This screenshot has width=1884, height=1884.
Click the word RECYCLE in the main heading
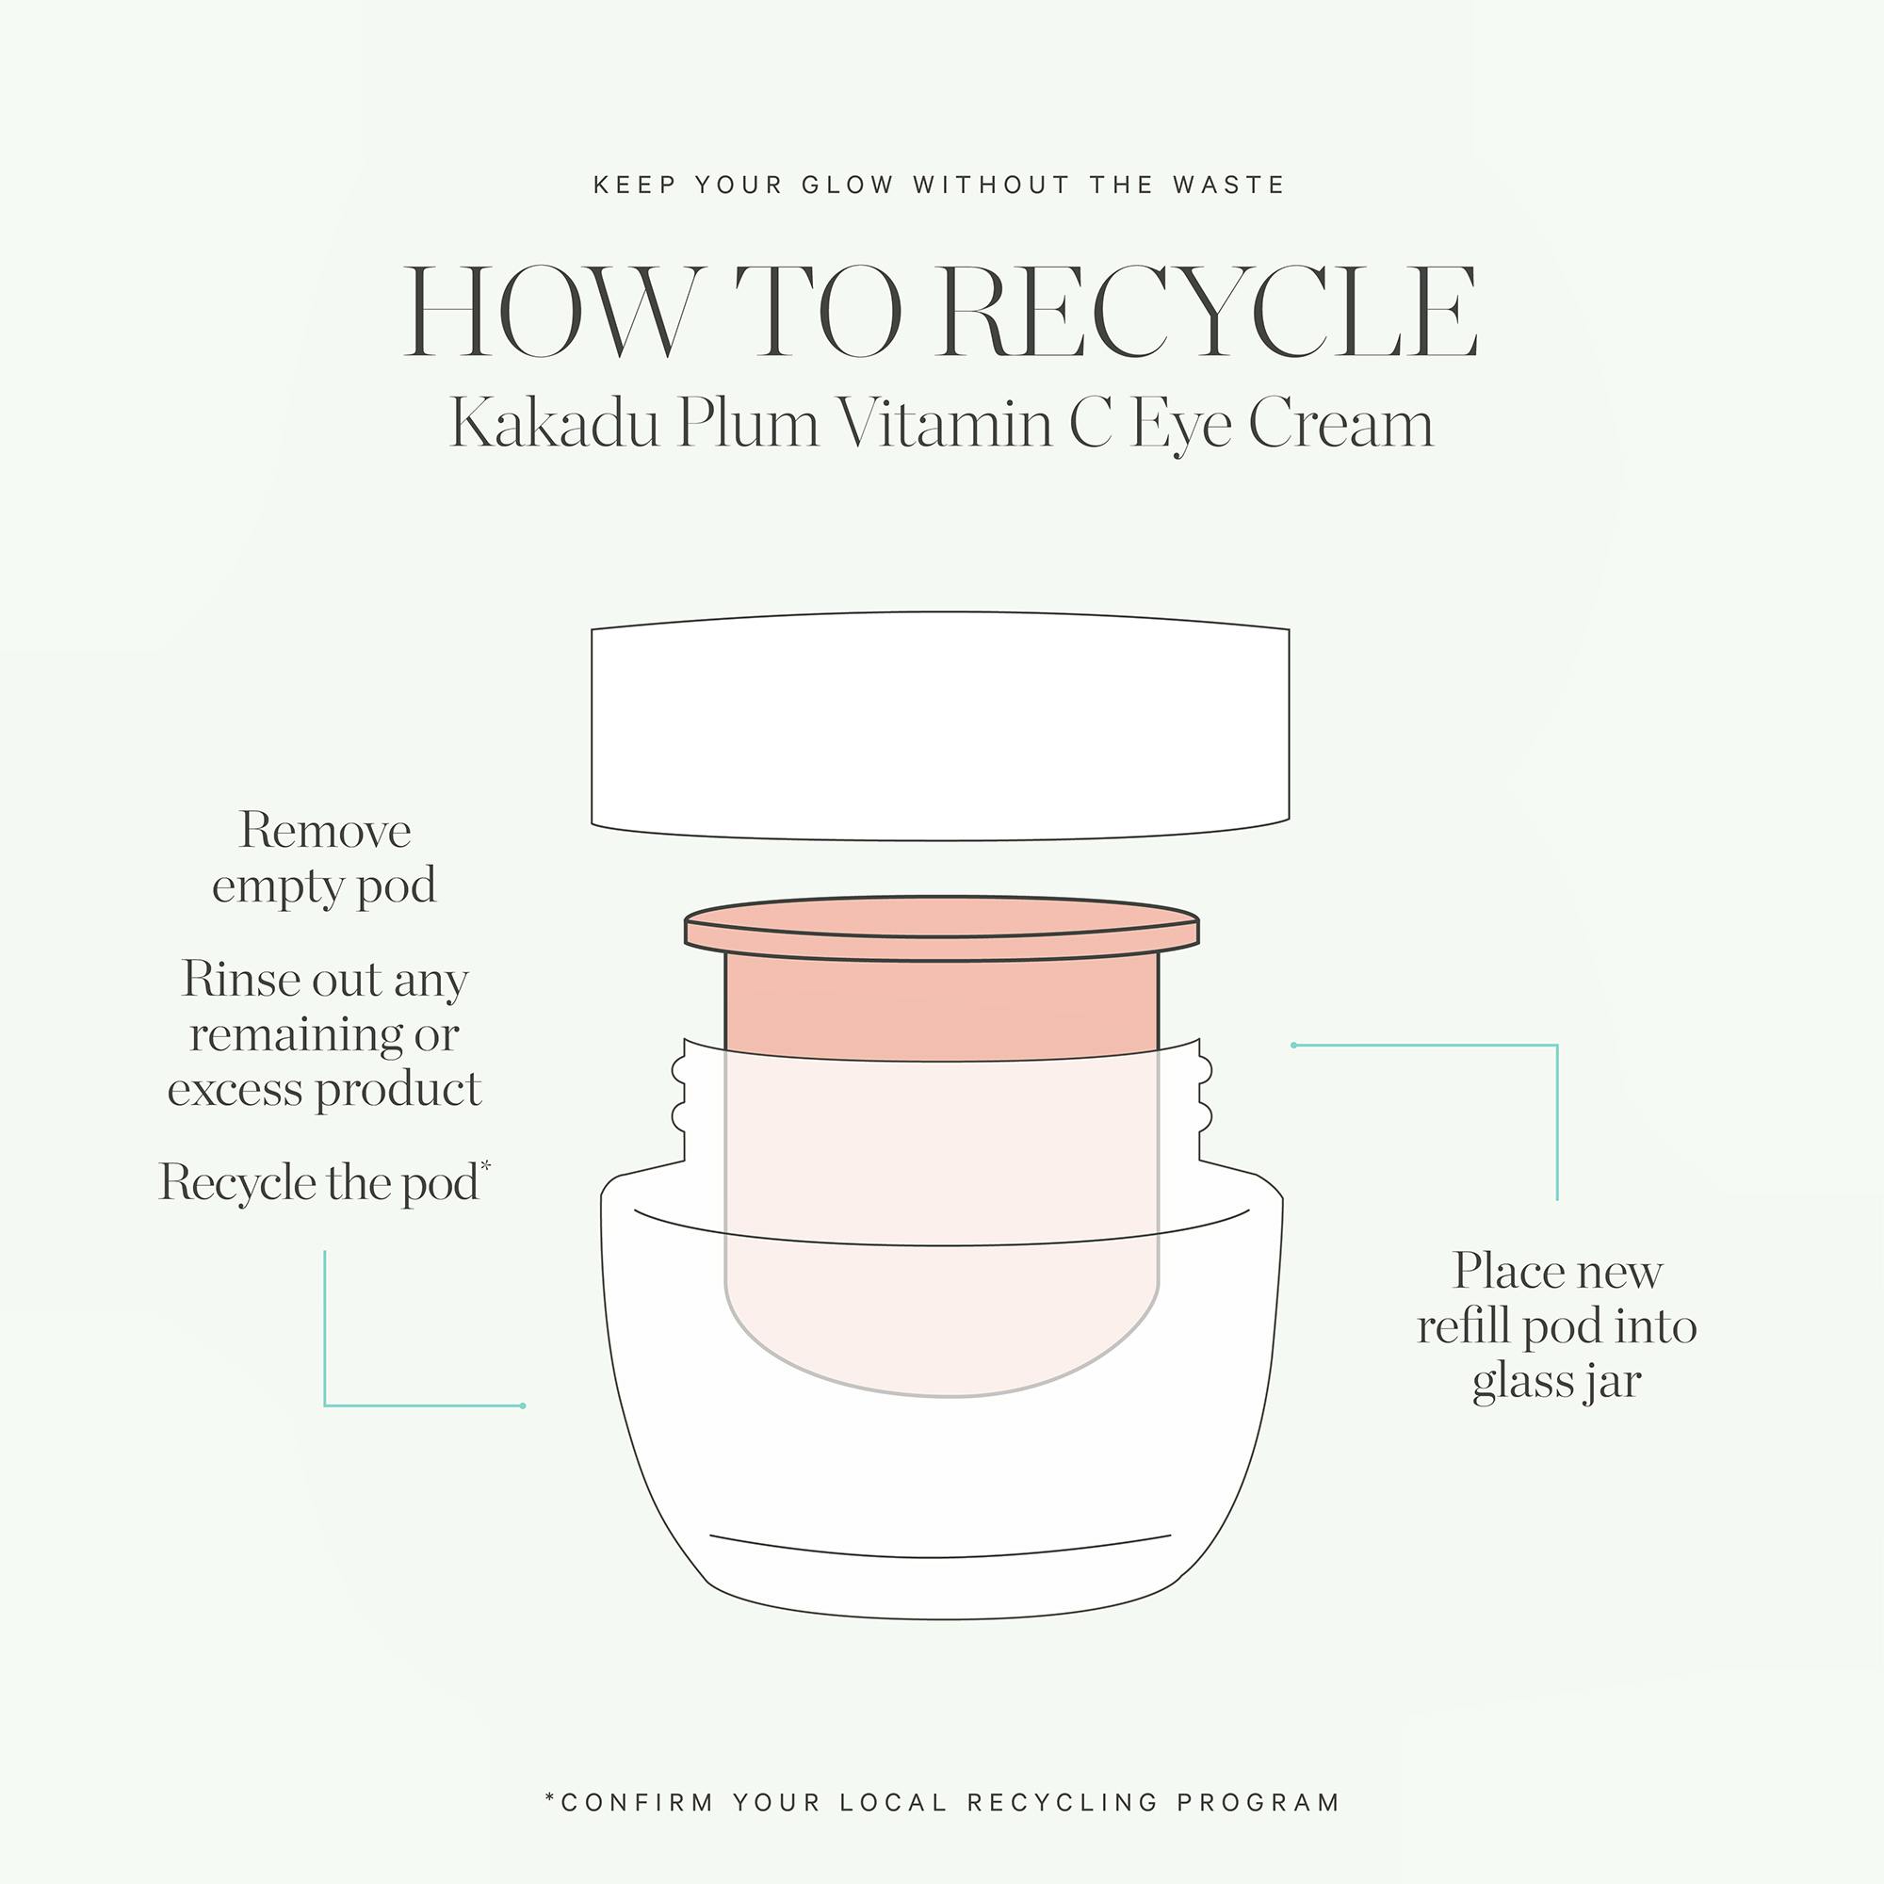pyautogui.click(x=1207, y=312)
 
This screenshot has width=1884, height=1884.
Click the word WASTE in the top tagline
pyautogui.click(x=1228, y=185)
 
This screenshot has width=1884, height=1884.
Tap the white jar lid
pyautogui.click(x=940, y=725)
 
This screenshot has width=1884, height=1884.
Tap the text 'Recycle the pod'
pyautogui.click(x=319, y=1182)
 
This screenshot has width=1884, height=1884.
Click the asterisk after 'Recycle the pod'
pyautogui.click(x=486, y=1165)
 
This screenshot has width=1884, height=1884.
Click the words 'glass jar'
pyautogui.click(x=1556, y=1382)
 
